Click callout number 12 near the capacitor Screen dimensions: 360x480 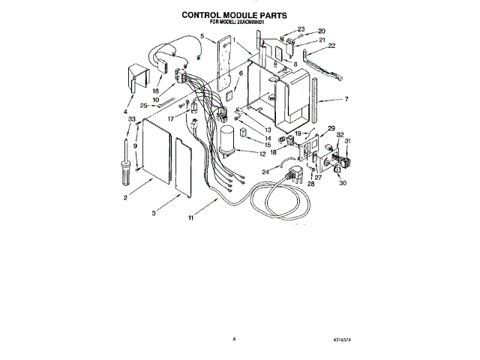(262, 154)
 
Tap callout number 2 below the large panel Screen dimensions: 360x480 (124, 197)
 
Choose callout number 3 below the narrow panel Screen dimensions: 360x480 (154, 213)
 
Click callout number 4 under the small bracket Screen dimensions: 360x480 (124, 112)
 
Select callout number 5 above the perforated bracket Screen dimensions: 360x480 (202, 36)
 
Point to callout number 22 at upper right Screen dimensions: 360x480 (331, 46)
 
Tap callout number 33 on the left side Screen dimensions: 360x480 (132, 120)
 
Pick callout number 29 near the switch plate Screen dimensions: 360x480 (331, 128)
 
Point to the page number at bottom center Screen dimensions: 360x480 (235, 340)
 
